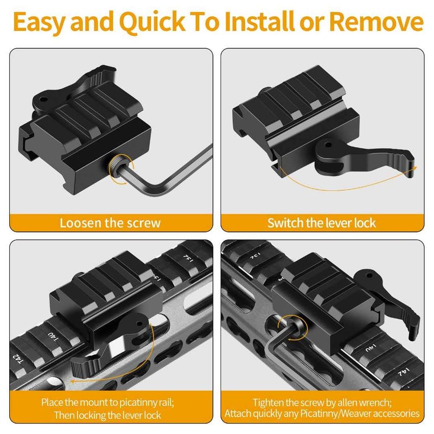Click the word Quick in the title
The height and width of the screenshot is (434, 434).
coord(152,22)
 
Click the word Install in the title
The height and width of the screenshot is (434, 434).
coord(259,22)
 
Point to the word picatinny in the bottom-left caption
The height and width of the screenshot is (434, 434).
coord(138,403)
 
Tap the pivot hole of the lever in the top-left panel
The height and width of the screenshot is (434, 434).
coord(43,99)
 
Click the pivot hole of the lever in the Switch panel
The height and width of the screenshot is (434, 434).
coord(328,144)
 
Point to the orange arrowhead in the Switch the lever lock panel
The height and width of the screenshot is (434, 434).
coord(413,169)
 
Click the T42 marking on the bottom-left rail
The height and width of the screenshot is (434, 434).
coord(18,359)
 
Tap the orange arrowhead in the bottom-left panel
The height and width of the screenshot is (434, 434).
coord(73,381)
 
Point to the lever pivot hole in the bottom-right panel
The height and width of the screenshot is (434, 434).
coord(369,276)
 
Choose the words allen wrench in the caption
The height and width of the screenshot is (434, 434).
coord(362,403)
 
